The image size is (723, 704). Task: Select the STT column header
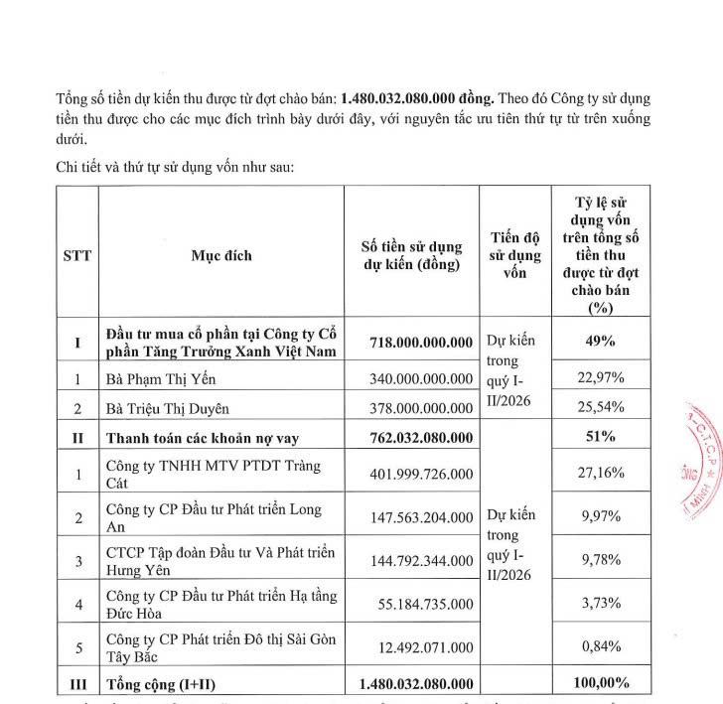click(76, 256)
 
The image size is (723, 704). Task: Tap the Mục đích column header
click(221, 256)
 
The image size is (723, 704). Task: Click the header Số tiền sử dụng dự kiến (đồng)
click(411, 256)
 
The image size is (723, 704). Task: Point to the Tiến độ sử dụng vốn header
click(515, 256)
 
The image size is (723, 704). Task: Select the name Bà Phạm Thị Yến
click(160, 378)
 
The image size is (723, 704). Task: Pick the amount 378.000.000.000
click(420, 408)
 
